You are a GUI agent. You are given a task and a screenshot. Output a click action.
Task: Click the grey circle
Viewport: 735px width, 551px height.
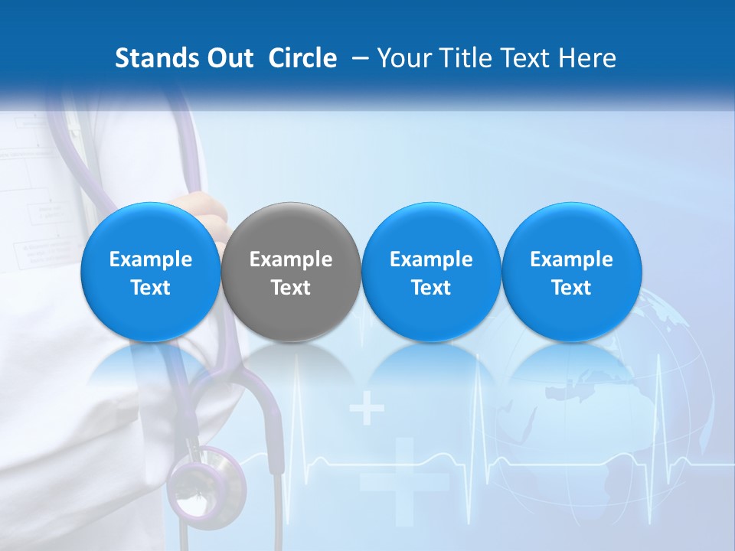(x=291, y=272)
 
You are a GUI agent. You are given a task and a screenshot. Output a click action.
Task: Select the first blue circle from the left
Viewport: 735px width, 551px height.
(x=150, y=272)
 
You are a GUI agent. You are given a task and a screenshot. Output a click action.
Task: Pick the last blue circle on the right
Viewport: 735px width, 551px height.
(x=571, y=272)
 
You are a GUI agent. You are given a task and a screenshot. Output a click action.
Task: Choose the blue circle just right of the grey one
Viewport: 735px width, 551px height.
(x=431, y=272)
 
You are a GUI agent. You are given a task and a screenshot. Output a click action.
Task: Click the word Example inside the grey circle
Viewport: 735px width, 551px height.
(x=291, y=259)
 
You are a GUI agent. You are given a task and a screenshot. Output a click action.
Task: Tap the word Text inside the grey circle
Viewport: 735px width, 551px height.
(x=291, y=288)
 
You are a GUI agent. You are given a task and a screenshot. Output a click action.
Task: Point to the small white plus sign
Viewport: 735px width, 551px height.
(x=367, y=409)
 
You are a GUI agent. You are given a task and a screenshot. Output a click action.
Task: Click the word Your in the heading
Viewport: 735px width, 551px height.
(x=400, y=58)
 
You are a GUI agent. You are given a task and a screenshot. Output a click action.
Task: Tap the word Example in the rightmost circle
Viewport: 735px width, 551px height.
(x=571, y=259)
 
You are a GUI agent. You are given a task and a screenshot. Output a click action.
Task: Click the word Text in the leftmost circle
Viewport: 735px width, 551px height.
(x=150, y=288)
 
